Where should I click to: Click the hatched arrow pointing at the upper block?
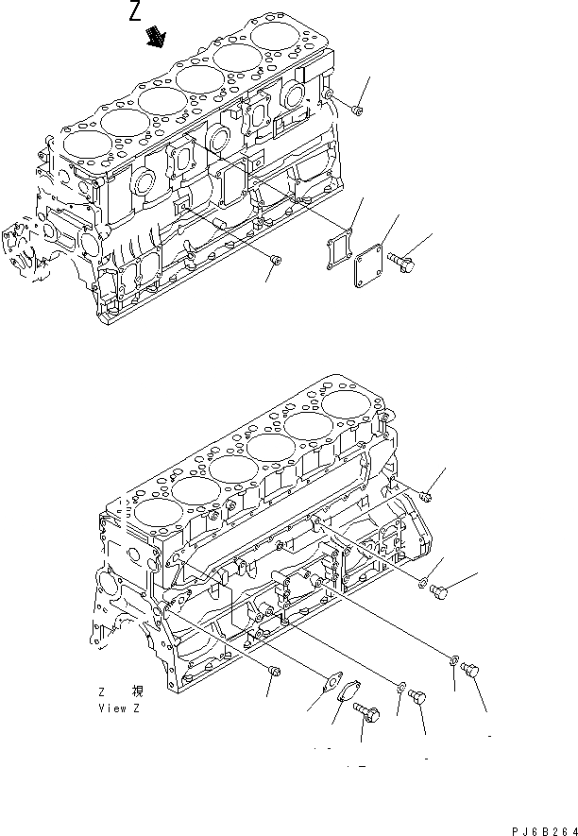click(x=154, y=37)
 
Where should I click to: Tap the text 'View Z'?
click(x=118, y=706)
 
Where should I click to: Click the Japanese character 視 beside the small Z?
click(x=138, y=691)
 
